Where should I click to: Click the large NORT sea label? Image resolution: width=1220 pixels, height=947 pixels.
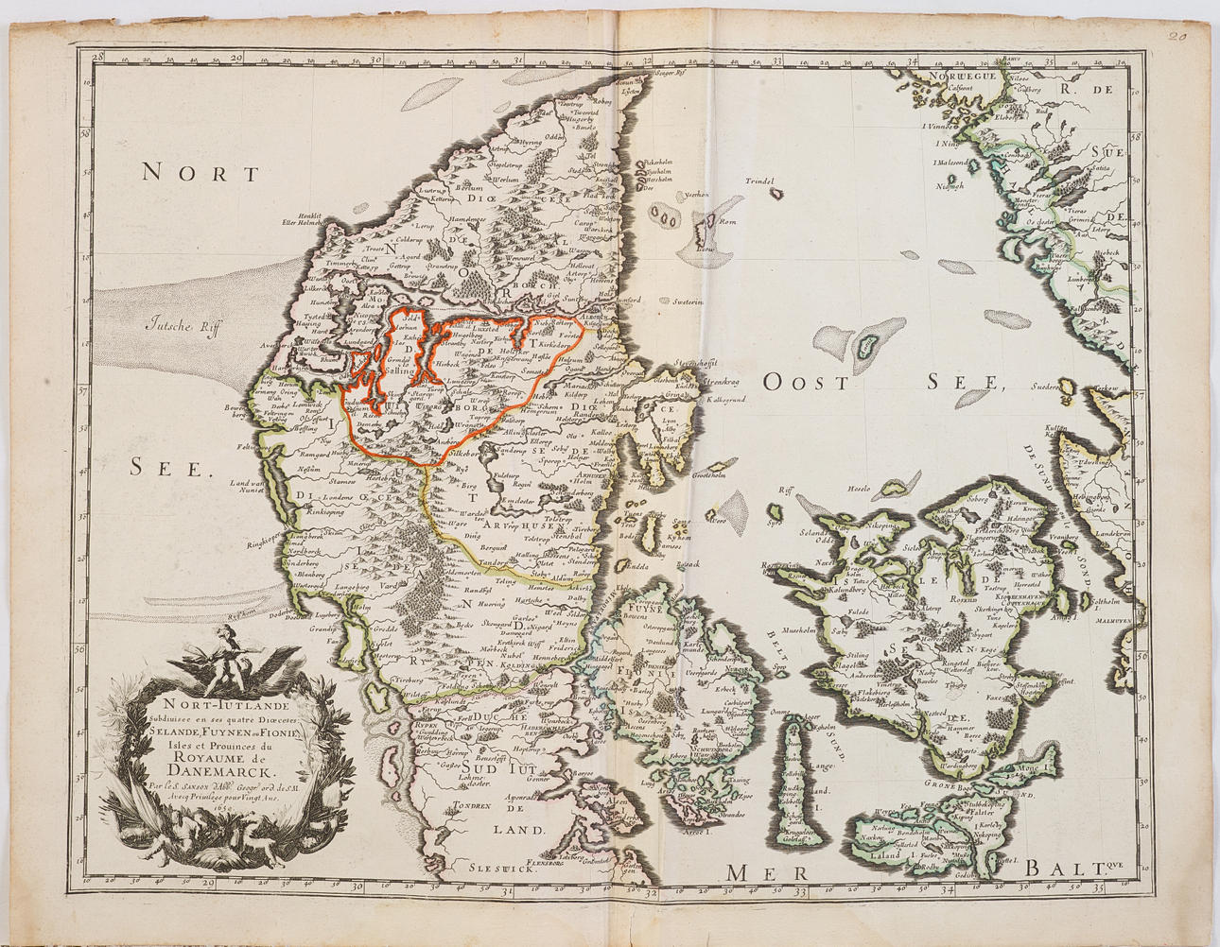(x=200, y=173)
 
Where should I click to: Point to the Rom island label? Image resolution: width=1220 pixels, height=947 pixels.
(x=727, y=223)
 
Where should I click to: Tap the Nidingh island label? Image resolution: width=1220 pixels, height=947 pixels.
(x=949, y=186)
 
